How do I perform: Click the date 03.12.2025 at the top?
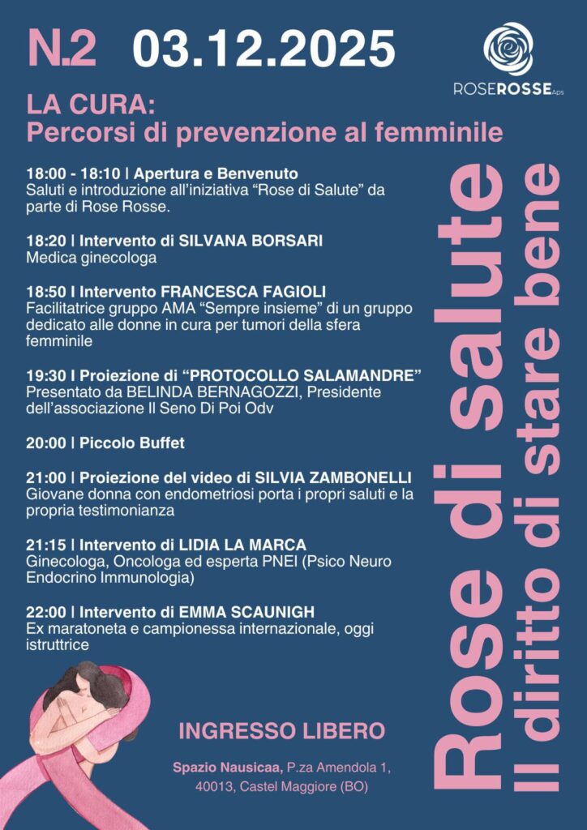coord(264,48)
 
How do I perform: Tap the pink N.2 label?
coord(62,48)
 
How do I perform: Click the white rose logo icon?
coord(508,49)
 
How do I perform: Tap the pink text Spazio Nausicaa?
coord(224,766)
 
